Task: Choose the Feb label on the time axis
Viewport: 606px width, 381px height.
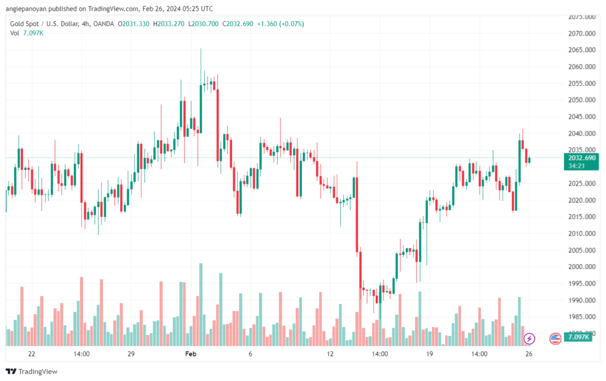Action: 190,354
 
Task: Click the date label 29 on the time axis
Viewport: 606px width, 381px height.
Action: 131,354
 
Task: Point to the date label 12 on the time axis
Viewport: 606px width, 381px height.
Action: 330,354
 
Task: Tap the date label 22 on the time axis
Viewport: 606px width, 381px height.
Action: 31,354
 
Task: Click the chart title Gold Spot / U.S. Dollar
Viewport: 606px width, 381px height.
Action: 48,24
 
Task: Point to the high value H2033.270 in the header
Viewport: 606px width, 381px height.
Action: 169,24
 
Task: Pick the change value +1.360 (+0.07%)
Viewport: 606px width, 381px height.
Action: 280,24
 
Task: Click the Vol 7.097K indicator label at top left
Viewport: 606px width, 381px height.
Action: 27,33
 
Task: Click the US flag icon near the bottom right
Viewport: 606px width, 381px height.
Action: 555,338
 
